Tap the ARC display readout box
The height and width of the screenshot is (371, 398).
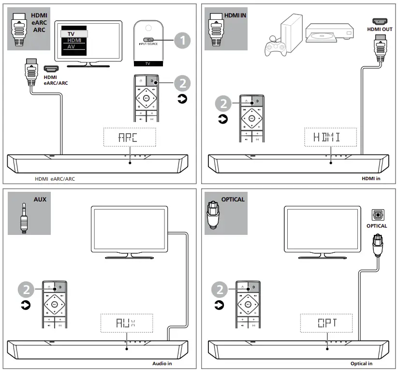[129, 137]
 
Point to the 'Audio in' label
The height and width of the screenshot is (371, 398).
[162, 363]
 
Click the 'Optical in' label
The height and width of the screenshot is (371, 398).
[361, 363]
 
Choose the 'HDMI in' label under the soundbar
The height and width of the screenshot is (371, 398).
[371, 179]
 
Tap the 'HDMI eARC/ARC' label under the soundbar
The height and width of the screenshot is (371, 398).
[55, 179]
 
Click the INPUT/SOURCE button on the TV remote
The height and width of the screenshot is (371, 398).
[149, 41]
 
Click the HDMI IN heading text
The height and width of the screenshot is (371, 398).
[236, 15]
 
